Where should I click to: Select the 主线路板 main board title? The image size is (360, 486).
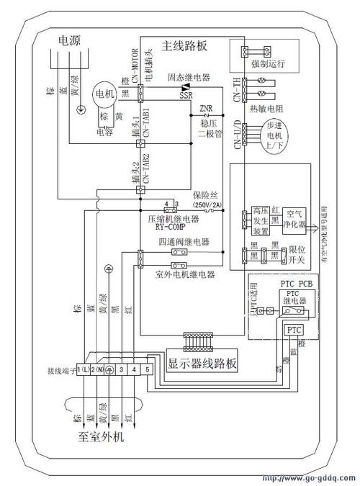(185, 45)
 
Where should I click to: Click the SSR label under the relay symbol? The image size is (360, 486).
(186, 95)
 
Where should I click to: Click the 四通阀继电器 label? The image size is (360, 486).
(184, 242)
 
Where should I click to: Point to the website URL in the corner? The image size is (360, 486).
(309, 478)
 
